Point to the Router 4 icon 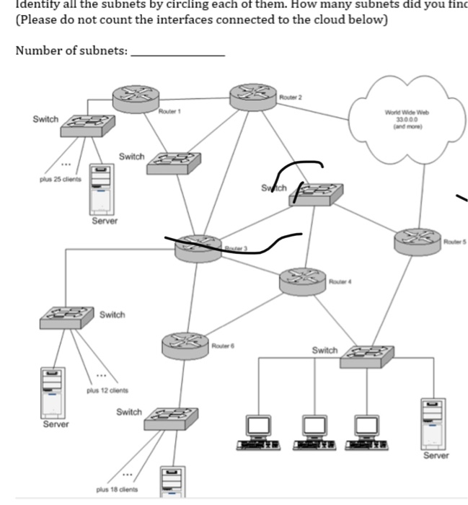click(x=302, y=279)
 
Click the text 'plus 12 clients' click(x=107, y=390)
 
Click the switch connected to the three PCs click(x=368, y=353)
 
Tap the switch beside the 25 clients click(x=87, y=126)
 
